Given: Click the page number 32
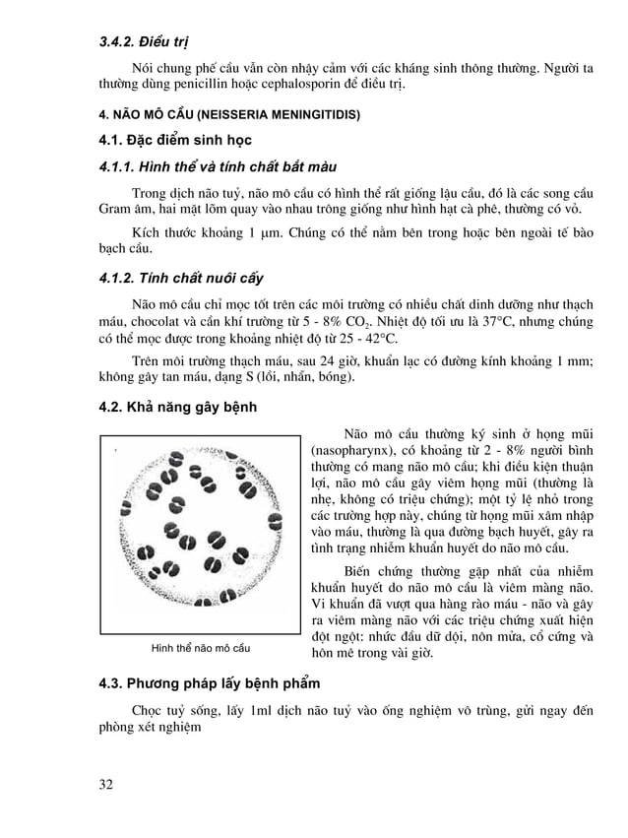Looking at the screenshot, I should pyautogui.click(x=105, y=784).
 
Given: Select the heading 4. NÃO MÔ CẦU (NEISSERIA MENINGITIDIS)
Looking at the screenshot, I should pyautogui.click(x=229, y=114).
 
